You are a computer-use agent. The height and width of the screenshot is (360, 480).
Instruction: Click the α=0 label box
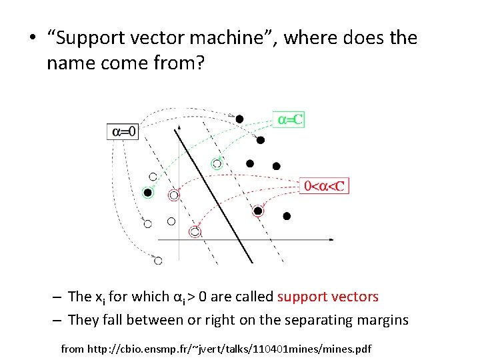pos(123,131)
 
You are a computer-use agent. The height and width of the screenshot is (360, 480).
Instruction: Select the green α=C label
pos(290,120)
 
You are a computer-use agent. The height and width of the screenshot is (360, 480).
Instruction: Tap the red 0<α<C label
pos(325,186)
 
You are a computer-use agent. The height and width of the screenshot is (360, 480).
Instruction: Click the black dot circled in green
pos(147,193)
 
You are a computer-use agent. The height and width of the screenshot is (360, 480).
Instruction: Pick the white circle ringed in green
pos(217,163)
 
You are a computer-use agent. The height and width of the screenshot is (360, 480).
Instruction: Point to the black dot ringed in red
pos(258,211)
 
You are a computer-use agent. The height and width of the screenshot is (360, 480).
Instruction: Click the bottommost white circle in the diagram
pos(158,260)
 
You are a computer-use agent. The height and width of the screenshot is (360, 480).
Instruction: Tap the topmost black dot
pos(239,119)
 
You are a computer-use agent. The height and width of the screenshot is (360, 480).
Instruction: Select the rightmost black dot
pos(287,216)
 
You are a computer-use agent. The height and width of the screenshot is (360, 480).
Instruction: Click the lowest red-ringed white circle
pos(195,231)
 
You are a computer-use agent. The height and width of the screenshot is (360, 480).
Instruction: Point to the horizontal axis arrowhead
pos(332,238)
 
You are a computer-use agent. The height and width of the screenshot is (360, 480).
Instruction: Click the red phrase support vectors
pos(328,297)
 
